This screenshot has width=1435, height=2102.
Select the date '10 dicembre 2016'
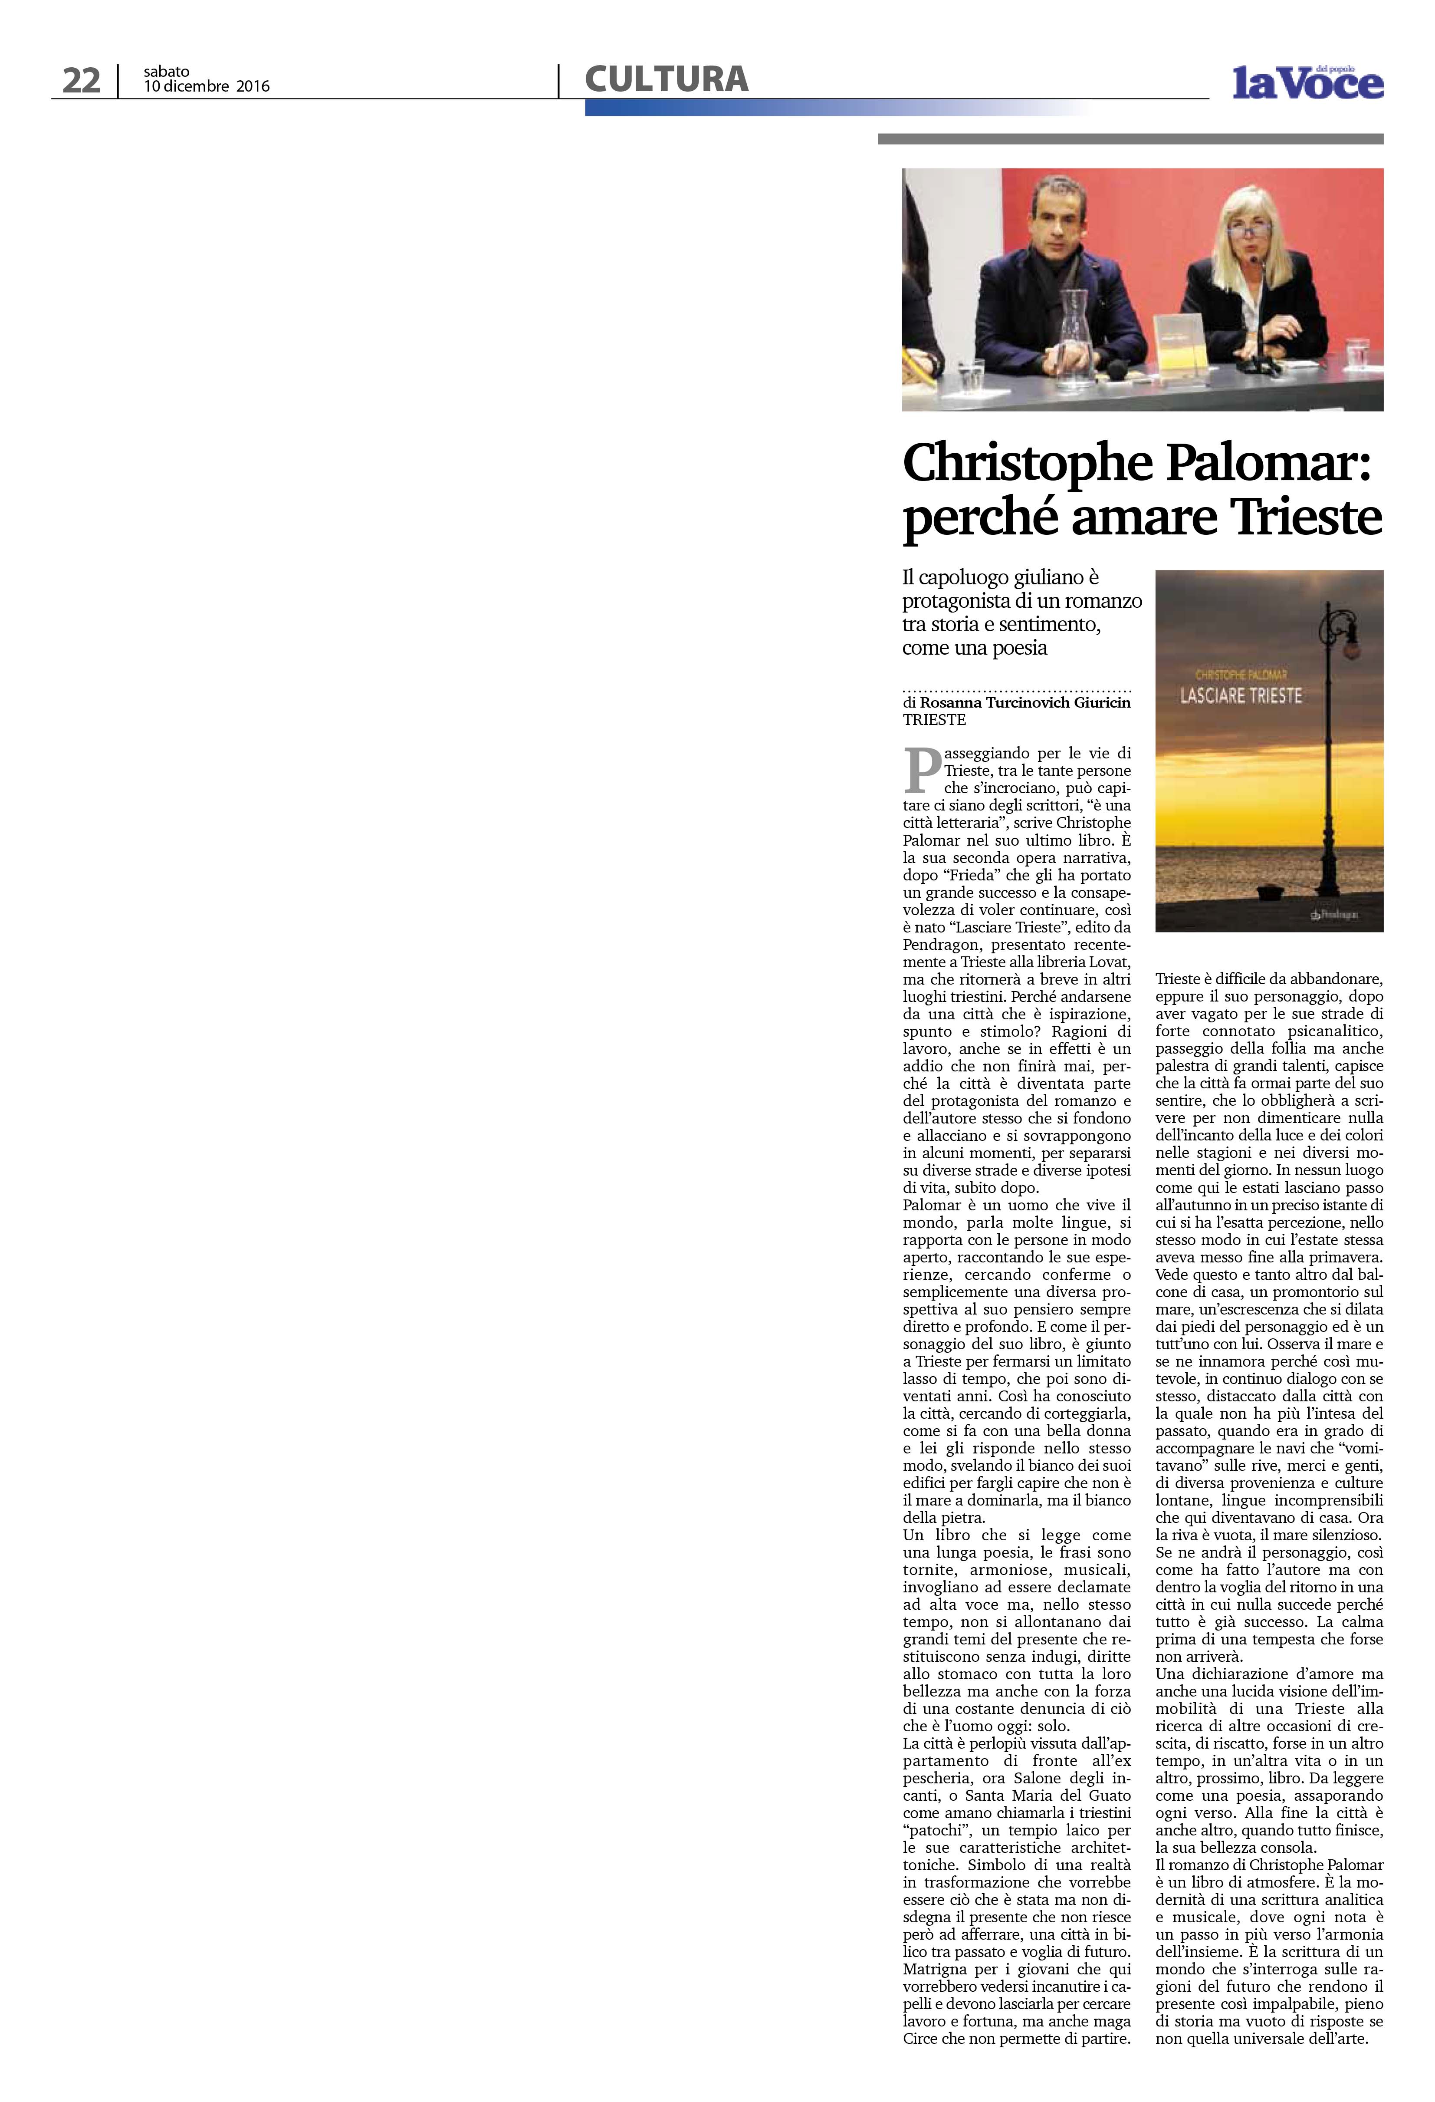[x=206, y=87]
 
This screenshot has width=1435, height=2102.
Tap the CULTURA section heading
[x=667, y=79]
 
